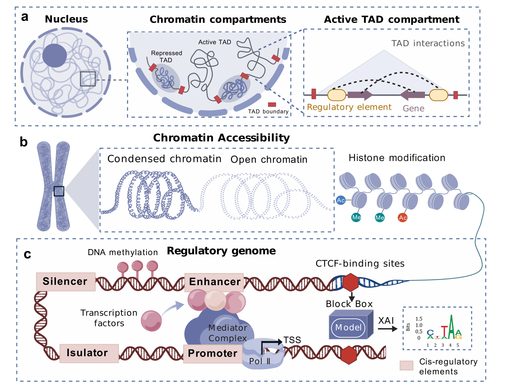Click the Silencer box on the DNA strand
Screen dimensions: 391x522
tap(66, 282)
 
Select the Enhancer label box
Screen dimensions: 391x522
tap(214, 282)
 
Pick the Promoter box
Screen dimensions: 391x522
tap(213, 354)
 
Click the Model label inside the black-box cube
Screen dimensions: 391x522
tap(348, 328)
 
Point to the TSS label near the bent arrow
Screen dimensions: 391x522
tap(292, 340)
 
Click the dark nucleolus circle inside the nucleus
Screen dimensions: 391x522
tap(55, 55)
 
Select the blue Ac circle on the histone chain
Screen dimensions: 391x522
tap(341, 200)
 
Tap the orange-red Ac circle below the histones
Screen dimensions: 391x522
tap(403, 218)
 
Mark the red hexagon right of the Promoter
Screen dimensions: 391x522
tap(349, 355)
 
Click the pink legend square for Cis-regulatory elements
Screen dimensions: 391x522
tap(406, 365)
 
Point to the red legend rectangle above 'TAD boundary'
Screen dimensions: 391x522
tap(272, 105)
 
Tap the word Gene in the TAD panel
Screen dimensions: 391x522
tap(413, 108)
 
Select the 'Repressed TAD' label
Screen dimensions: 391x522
tap(166, 57)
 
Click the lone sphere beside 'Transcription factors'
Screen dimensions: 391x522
tap(151, 321)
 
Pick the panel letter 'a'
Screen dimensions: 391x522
tap(25, 17)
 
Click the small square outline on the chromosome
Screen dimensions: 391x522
tap(59, 191)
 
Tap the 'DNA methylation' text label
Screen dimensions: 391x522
tap(123, 252)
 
